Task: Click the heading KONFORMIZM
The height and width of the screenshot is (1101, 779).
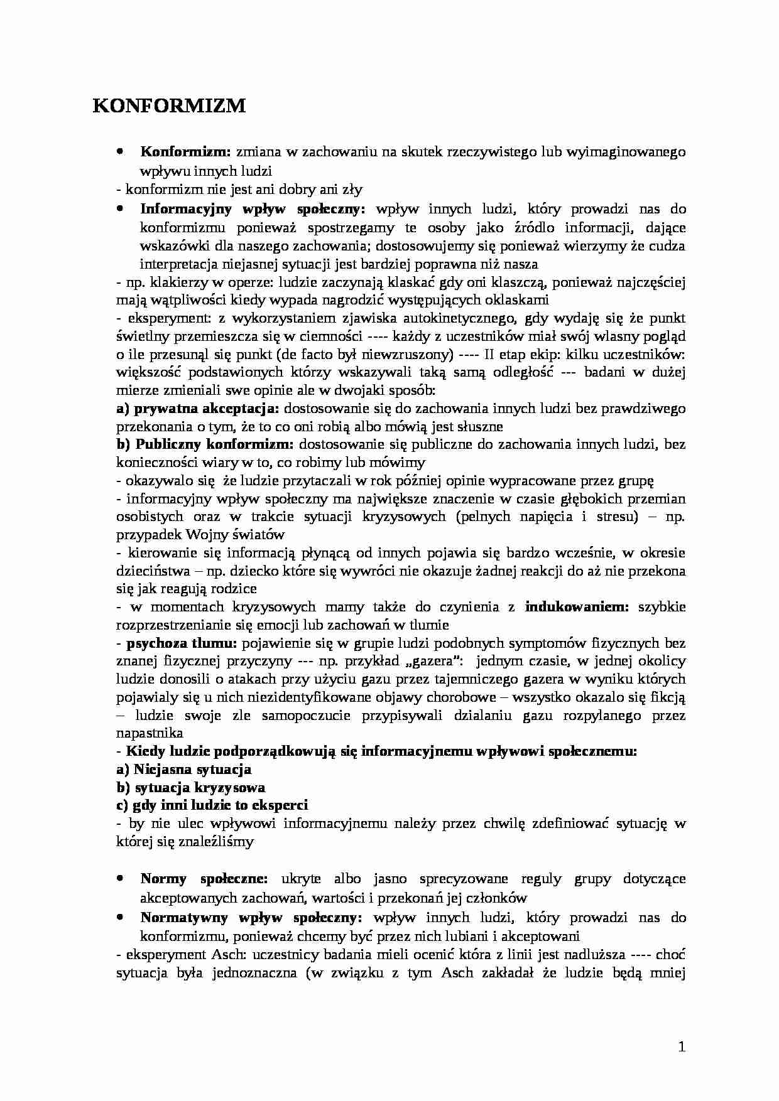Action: pos(169,106)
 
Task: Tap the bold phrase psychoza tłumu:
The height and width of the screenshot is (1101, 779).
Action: pos(182,643)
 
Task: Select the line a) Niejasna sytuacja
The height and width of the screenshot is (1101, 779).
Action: pos(184,769)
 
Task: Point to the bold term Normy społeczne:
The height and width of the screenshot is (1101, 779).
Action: pos(204,879)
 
